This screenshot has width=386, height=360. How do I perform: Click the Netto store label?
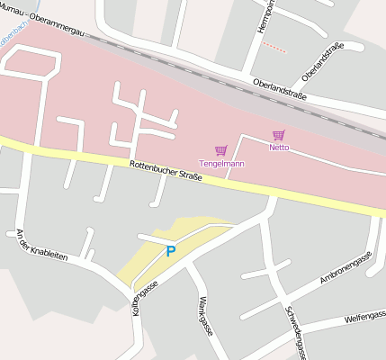(280, 147)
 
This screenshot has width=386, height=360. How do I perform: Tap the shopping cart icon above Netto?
(279, 135)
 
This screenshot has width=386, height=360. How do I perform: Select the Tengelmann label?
(221, 163)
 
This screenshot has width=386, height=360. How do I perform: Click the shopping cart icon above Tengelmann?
(221, 150)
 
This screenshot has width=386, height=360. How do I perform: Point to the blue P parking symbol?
(170, 251)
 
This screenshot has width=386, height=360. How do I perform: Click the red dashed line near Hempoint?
(274, 47)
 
